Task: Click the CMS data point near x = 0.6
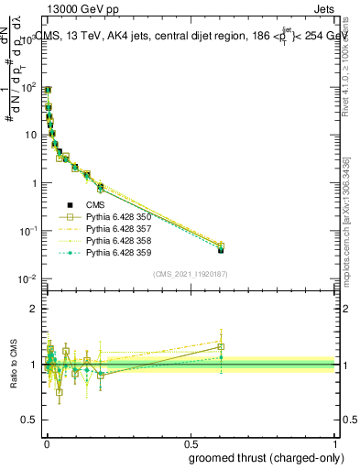[x=221, y=249]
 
